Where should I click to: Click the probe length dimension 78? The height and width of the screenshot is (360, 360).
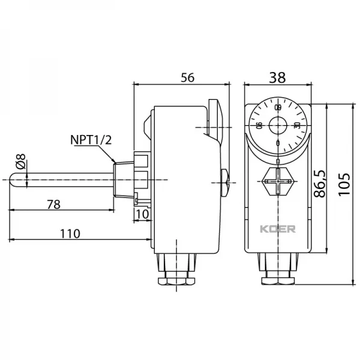(x=53, y=204)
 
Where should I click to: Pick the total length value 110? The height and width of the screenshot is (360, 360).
(x=70, y=233)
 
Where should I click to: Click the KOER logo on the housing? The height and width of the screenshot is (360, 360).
(x=277, y=229)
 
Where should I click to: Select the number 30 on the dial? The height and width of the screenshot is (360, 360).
(x=297, y=125)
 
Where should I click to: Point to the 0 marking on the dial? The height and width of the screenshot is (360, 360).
(x=278, y=143)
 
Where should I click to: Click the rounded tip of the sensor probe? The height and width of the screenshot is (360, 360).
(x=13, y=181)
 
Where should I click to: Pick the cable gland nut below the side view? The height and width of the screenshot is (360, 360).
(x=177, y=280)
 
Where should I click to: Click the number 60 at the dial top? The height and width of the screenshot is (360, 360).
(x=278, y=107)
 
